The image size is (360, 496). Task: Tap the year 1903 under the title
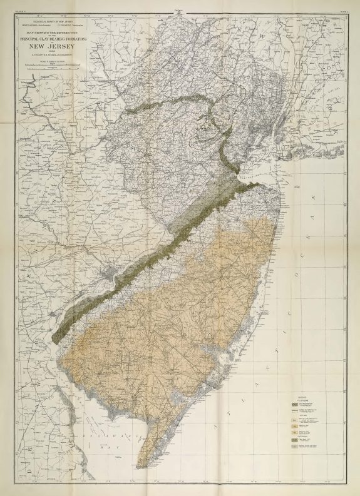point(58,52)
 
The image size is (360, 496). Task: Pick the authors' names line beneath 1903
point(58,57)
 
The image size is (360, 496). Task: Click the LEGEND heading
point(301,397)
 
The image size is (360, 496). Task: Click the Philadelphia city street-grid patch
point(113,273)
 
